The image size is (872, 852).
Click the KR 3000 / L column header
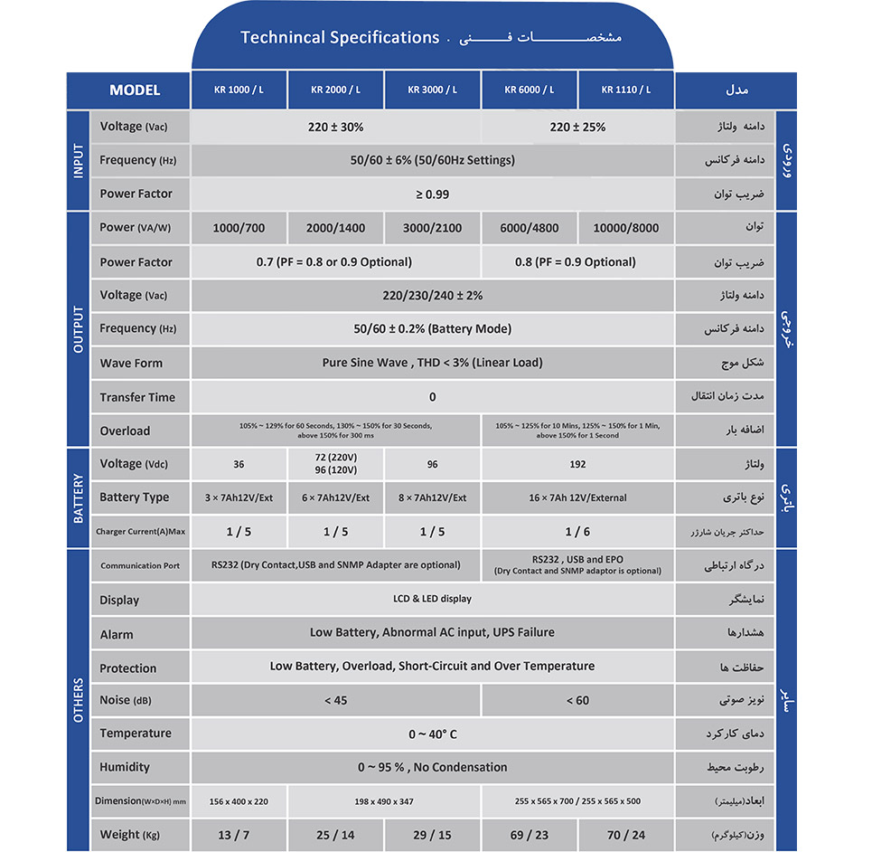coord(432,90)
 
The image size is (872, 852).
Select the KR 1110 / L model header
coord(626,90)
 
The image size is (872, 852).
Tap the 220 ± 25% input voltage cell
coord(577,128)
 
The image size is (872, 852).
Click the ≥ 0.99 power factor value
coord(432,194)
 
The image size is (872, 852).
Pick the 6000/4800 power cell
coord(529,228)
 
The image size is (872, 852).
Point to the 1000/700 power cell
coord(239,228)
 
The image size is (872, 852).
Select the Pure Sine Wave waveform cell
coord(432,363)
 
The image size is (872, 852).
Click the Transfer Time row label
coord(137,397)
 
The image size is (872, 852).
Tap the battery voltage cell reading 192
coord(577,464)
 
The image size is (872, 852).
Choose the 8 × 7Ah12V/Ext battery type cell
coord(432,497)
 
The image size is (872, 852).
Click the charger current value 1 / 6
coord(577,532)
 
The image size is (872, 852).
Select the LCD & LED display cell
coord(432,599)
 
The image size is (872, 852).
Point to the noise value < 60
coord(577,700)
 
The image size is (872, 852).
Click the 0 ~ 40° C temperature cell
coord(432,734)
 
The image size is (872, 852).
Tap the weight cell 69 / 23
coord(529,835)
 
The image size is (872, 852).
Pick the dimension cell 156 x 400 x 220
coord(239,801)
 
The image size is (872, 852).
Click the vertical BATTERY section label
coord(78,497)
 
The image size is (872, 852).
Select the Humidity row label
coord(125,767)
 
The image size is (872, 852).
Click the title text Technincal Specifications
coord(339,38)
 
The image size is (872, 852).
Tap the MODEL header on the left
coord(135,90)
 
